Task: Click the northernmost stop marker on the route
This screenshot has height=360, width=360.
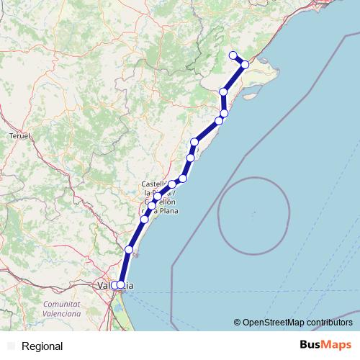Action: point(233,55)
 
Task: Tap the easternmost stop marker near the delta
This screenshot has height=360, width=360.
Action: point(245,65)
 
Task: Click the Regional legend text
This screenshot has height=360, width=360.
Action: point(42,346)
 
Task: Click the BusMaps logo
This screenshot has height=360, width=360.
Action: point(325,345)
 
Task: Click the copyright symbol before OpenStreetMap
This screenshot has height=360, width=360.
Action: point(238,323)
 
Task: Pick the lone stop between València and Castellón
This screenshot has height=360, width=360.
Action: point(129,250)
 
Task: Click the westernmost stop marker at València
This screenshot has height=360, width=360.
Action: point(114,285)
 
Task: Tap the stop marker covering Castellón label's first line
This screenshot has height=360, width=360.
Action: point(172,184)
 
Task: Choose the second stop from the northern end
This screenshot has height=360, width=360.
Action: point(245,65)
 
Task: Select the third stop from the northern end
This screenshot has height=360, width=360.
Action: point(224,92)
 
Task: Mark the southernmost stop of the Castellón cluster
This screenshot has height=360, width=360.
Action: point(145,219)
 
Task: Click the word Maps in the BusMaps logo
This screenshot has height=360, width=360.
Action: point(338,345)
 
